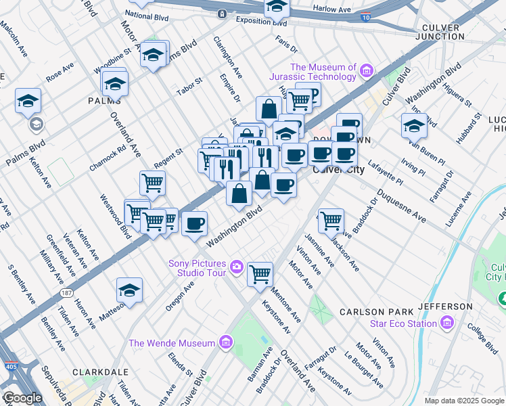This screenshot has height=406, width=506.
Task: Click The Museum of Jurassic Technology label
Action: (323, 72)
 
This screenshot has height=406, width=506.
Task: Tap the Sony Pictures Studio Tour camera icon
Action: (237, 267)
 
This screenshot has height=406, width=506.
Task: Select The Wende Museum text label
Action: (172, 343)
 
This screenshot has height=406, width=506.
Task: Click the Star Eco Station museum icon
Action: (446, 323)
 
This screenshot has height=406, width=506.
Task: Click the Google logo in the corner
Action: (22, 398)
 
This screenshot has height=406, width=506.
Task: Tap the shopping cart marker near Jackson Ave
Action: (331, 220)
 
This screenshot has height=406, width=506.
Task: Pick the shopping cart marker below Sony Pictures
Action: (260, 274)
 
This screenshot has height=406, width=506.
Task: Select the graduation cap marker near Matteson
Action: (129, 290)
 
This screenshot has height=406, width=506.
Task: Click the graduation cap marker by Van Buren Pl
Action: (414, 125)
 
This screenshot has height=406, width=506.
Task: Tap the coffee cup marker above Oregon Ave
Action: (194, 223)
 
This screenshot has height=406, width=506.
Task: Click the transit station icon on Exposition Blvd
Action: (222, 14)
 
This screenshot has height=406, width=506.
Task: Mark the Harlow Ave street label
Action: (331, 9)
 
